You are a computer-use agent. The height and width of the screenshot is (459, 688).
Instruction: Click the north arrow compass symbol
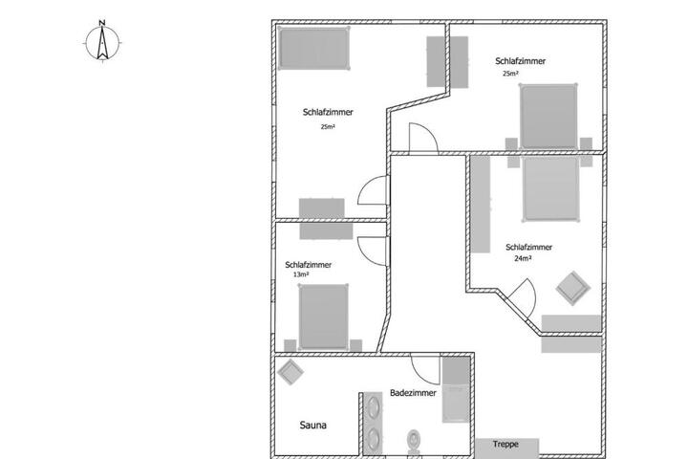(x=102, y=42)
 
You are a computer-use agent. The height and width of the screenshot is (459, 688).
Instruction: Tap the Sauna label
(x=312, y=426)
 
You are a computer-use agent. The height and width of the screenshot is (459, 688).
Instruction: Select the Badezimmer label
(x=413, y=393)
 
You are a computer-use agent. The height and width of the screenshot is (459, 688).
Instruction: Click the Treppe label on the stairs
(x=505, y=444)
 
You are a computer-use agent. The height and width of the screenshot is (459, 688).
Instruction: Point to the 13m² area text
(x=301, y=274)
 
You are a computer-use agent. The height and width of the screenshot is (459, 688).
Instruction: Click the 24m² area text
(x=523, y=259)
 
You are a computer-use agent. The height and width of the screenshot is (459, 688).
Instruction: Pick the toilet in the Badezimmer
(x=414, y=442)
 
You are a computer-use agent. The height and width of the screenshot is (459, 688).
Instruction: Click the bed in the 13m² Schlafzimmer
(x=323, y=317)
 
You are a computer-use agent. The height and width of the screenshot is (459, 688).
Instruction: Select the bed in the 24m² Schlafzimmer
(x=550, y=188)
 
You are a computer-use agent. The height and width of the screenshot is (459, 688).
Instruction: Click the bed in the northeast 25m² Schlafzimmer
(x=548, y=117)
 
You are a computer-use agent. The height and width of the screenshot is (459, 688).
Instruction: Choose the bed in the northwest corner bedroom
(x=313, y=49)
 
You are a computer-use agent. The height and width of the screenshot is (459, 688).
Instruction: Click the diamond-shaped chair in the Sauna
(x=290, y=372)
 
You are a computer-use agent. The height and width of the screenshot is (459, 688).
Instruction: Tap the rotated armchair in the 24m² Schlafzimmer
(x=573, y=288)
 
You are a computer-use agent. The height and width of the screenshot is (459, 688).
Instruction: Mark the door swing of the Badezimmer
(x=425, y=369)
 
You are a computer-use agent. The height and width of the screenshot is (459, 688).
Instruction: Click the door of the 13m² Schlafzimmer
(x=373, y=251)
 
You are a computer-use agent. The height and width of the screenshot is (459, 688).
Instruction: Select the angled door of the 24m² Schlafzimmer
(x=523, y=297)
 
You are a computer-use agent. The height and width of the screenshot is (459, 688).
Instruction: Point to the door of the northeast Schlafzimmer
(x=423, y=138)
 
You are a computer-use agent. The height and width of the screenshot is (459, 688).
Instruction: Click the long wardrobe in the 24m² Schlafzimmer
(x=481, y=205)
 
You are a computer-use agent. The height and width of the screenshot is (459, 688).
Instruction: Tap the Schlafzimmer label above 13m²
(x=308, y=265)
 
